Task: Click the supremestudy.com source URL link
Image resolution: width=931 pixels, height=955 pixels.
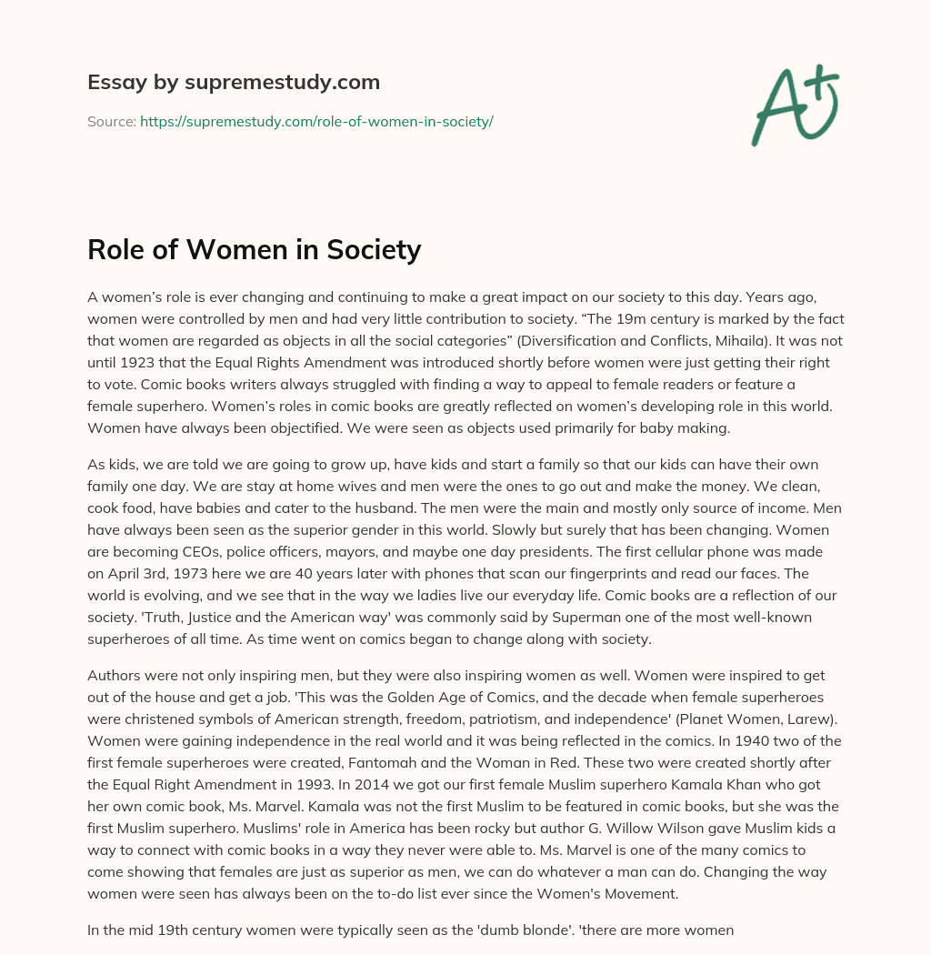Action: coord(316,121)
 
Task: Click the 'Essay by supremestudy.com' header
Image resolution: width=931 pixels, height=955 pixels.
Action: coord(234,83)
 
